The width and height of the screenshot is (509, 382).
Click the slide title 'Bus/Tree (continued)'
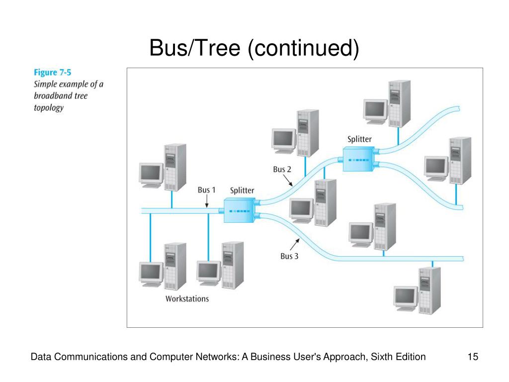254,48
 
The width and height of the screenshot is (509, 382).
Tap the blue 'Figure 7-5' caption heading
52,73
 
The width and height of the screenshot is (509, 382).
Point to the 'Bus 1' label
206,190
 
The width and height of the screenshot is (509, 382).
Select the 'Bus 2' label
282,169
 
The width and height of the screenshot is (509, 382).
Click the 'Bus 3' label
289,256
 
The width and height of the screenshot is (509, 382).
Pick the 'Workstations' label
187,299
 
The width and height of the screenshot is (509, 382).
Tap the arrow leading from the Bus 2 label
288,180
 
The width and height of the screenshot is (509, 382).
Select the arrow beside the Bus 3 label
295,245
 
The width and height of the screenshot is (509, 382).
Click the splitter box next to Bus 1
240,211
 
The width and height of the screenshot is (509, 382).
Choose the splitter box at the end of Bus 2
358,160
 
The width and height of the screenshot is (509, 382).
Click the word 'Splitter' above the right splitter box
359,139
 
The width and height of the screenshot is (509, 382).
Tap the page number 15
473,357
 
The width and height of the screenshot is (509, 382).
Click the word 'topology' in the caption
49,108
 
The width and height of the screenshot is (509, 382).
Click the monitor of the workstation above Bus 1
151,175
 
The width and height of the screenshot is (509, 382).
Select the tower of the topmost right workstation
400,104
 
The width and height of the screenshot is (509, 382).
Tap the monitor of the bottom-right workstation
406,298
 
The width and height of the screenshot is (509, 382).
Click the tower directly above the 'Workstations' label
175,267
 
